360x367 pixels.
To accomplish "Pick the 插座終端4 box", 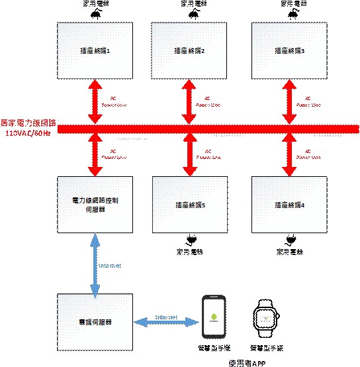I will click(290, 205).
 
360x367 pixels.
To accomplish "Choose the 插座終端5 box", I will click(191, 205).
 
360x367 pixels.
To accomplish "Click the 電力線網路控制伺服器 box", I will click(95, 205).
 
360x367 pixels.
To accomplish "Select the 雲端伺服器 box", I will click(95, 322).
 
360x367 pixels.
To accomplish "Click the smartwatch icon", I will click(266, 319).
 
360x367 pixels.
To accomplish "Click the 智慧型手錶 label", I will click(267, 347).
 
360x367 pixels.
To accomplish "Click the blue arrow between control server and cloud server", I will click(95, 263).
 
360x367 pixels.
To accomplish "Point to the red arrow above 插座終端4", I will click(290, 153).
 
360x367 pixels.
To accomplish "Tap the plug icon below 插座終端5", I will click(191, 239).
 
